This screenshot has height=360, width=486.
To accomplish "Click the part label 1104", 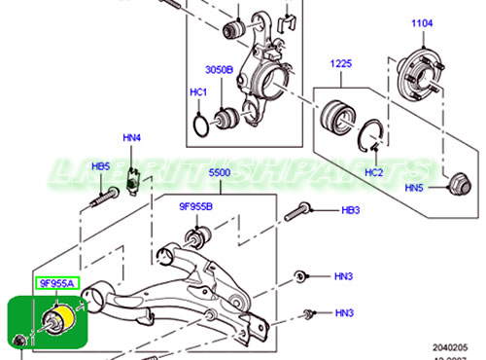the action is (x=422, y=21).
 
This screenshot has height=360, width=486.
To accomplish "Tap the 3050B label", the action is (x=219, y=70).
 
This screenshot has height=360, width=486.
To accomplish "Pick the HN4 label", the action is (x=131, y=139).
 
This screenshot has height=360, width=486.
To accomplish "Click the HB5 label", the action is (x=101, y=167).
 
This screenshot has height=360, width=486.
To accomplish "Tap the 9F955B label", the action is (x=195, y=208).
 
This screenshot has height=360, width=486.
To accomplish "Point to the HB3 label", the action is (x=351, y=209).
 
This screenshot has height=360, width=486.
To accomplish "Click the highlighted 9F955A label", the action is (x=55, y=284).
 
